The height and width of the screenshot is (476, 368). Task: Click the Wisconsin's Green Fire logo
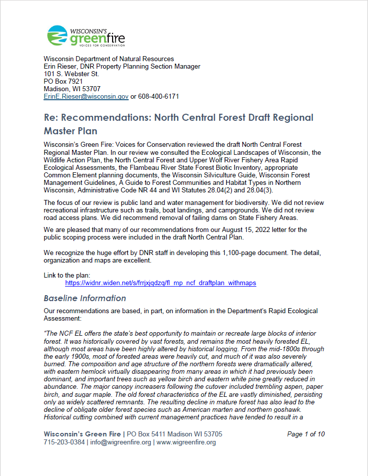tap(85, 36)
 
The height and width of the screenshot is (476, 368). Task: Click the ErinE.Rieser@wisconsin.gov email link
tap(86, 96)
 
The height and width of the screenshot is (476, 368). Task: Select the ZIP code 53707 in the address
tap(90, 89)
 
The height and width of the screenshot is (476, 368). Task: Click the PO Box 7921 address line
tap(63, 81)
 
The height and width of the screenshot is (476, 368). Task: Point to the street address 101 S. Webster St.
tap(72, 74)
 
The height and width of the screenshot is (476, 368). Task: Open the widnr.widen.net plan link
tap(160, 283)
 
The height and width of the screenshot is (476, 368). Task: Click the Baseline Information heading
tap(85, 298)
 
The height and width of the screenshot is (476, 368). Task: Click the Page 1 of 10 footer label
tap(306, 434)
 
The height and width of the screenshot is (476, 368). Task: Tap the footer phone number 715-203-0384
tap(64, 442)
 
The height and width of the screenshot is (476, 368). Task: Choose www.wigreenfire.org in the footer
tap(186, 442)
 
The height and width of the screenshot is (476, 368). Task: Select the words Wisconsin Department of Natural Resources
tap(109, 59)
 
